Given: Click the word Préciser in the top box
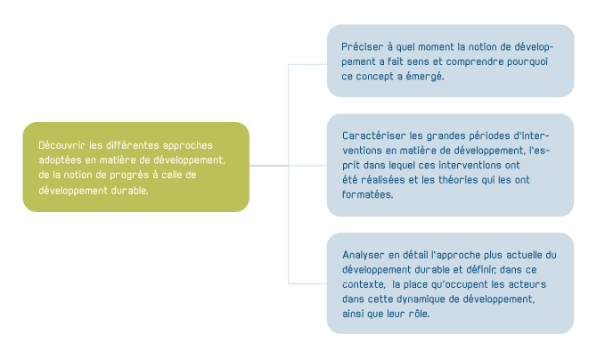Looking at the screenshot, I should (x=362, y=45).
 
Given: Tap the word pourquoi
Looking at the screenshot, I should (x=529, y=61).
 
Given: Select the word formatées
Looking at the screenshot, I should (x=367, y=195).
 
